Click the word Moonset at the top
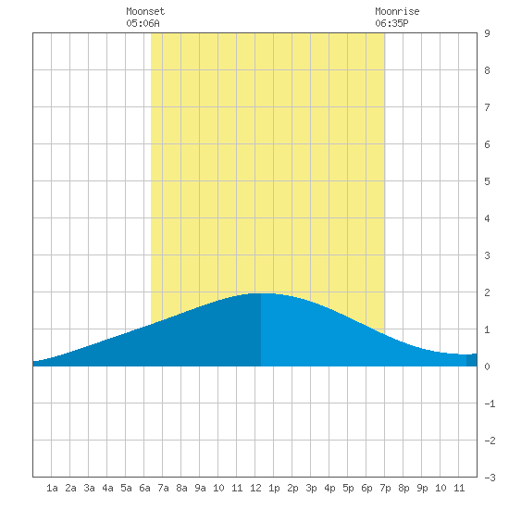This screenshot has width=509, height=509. tap(145, 11)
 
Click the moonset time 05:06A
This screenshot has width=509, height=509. tap(143, 23)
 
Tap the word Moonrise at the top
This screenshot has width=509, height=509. tap(397, 11)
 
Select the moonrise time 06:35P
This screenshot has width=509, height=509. tap(391, 23)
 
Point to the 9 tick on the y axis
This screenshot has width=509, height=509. tap(487, 33)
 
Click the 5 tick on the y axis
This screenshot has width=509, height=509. tap(487, 181)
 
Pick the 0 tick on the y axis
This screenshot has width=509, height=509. tap(487, 366)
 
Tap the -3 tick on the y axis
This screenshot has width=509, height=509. tap(490, 478)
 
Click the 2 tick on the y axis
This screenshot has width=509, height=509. tap(487, 292)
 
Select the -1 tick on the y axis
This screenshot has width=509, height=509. tap(490, 403)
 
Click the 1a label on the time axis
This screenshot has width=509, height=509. tap(52, 488)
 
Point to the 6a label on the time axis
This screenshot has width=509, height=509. tap(144, 488)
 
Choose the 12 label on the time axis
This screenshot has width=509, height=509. tap(255, 488)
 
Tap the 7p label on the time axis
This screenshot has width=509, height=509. tap(385, 489)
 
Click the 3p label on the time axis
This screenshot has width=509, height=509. tap(311, 489)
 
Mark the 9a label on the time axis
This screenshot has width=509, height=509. tap(200, 488)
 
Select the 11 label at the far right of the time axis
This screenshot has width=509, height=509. tap(459, 488)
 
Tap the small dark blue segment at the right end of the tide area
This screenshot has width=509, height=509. tap(472, 360)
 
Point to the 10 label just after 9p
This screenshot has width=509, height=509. tap(441, 488)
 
